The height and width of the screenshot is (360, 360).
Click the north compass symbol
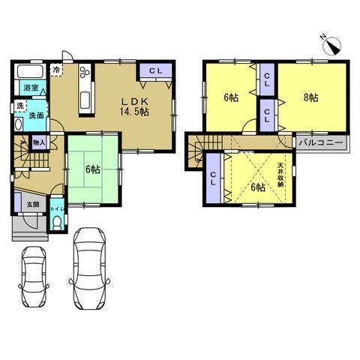331,46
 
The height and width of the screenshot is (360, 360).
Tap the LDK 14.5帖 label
134,107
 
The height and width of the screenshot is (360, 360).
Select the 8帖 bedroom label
311,97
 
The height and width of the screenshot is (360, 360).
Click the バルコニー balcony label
321,143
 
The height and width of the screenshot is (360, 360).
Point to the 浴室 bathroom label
31,88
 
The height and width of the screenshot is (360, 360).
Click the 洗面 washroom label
36,115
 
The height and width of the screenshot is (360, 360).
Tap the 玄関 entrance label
33,205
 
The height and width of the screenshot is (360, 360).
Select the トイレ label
58,208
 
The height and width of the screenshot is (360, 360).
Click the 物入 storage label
39,143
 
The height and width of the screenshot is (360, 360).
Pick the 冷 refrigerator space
56,70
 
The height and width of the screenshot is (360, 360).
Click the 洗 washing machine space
20,106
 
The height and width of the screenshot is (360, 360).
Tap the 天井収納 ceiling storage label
280,175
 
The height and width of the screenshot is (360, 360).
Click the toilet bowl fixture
58,223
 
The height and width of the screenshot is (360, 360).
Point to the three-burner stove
85,70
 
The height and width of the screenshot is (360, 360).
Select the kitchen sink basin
85,100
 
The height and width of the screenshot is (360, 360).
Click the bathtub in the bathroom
30,71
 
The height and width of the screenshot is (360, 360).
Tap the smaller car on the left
34,277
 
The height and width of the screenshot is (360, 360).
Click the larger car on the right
90,268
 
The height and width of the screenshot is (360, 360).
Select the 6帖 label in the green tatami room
93,169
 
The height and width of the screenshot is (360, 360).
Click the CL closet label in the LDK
156,70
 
